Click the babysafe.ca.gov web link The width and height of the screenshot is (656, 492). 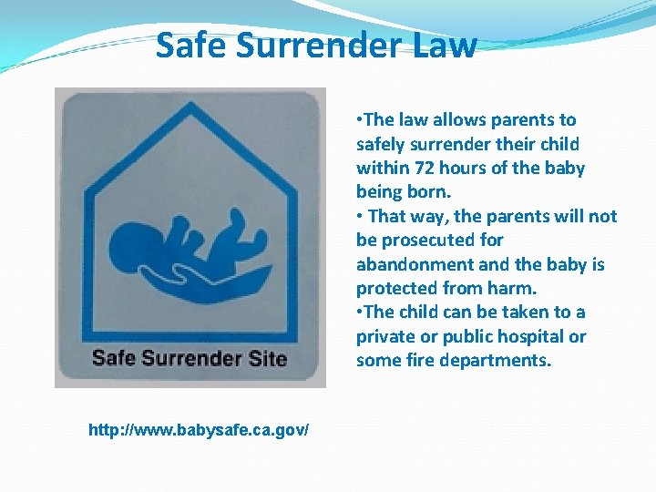[x=199, y=428]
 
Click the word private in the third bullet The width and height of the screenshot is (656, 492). [x=384, y=336]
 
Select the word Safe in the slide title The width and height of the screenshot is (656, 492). [x=190, y=45]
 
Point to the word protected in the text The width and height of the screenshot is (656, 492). [x=396, y=288]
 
